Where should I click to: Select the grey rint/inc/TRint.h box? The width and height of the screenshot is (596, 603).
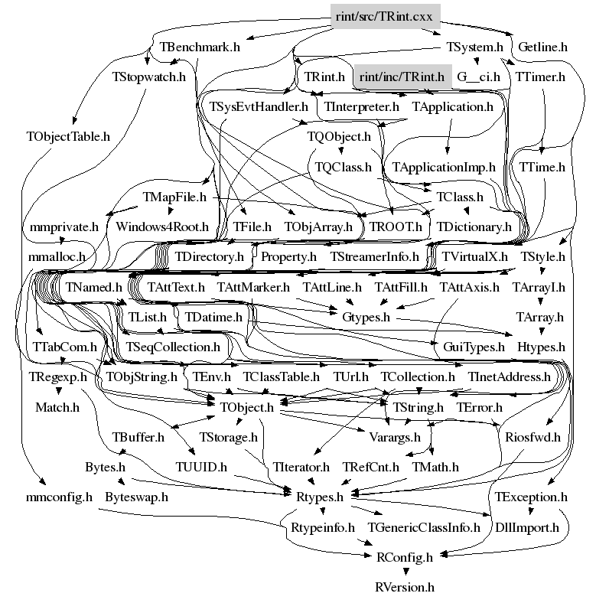pyautogui.click(x=401, y=77)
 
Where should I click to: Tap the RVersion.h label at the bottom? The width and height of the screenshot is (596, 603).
pyautogui.click(x=405, y=588)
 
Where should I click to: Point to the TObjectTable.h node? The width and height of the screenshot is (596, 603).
pyautogui.click(x=69, y=137)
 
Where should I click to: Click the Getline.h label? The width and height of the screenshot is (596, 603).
pyautogui.click(x=542, y=47)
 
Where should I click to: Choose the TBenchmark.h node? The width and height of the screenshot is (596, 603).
pyautogui.click(x=200, y=47)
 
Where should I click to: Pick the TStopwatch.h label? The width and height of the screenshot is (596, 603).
pyautogui.click(x=149, y=77)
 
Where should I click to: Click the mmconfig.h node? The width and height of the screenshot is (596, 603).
pyautogui.click(x=58, y=497)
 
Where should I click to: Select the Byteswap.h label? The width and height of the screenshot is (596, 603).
pyautogui.click(x=136, y=497)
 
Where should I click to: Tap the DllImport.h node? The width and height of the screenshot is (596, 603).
pyautogui.click(x=527, y=527)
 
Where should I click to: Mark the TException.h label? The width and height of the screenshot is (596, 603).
pyautogui.click(x=531, y=497)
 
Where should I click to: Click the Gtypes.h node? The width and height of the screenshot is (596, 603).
pyautogui.click(x=365, y=316)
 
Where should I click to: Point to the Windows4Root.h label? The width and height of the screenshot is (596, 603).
pyautogui.click(x=162, y=227)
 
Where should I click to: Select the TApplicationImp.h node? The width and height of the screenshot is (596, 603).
pyautogui.click(x=444, y=166)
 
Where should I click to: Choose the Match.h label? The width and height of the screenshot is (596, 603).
pyautogui.click(x=57, y=406)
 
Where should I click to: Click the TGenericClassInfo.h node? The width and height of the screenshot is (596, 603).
pyautogui.click(x=424, y=527)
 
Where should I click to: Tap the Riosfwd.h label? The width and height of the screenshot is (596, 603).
pyautogui.click(x=533, y=437)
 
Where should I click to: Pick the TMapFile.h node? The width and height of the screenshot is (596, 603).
pyautogui.click(x=175, y=197)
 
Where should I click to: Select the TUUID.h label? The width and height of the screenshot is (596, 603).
pyautogui.click(x=201, y=466)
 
